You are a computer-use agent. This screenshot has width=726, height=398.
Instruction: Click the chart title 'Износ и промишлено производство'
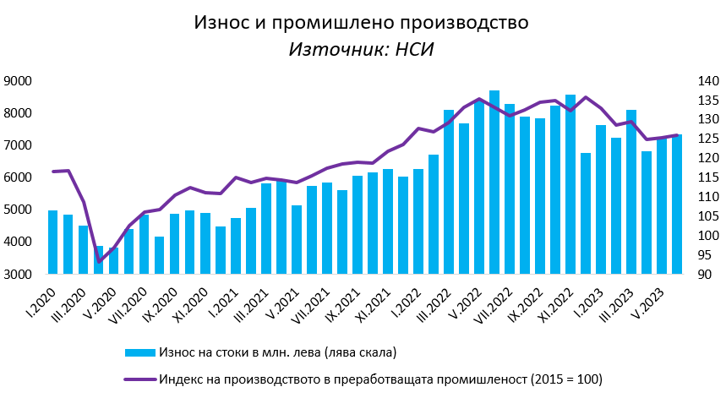point(361,23)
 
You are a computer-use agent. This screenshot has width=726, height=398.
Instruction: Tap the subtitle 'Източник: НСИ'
point(361,49)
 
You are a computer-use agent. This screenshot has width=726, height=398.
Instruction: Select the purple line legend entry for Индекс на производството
point(363,379)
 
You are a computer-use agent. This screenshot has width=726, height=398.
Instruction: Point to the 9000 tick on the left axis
point(18,81)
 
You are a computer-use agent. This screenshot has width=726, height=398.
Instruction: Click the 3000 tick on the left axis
point(18,275)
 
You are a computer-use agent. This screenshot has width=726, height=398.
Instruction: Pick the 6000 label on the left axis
point(18,177)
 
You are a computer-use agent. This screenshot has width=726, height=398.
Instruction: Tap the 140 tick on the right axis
point(707,81)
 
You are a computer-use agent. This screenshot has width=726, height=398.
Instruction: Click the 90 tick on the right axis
point(703,275)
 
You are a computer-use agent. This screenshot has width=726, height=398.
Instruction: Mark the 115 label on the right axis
point(707,177)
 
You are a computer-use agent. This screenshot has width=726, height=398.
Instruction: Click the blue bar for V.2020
point(114,261)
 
